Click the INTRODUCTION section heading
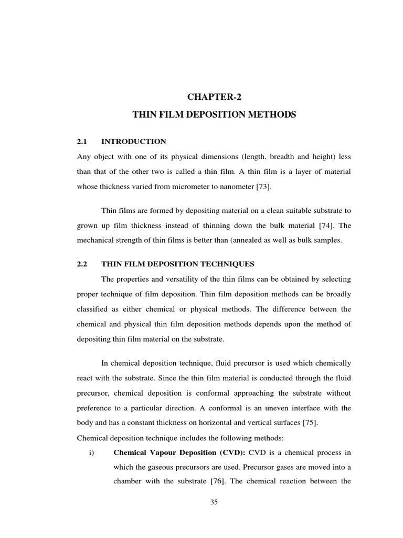click(x=133, y=141)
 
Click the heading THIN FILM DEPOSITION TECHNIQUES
click(x=177, y=264)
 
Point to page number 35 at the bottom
click(x=214, y=502)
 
